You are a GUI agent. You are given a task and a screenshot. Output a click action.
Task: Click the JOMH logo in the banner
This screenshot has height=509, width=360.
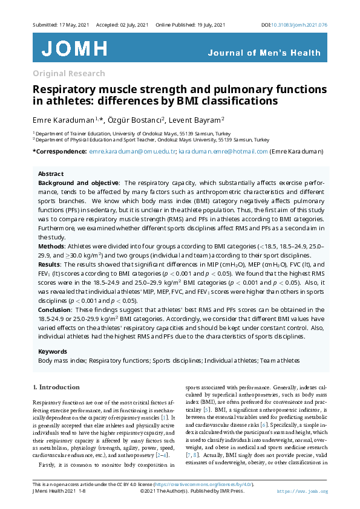point(74,48)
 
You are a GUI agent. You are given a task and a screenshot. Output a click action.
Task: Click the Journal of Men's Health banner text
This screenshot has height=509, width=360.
point(264,53)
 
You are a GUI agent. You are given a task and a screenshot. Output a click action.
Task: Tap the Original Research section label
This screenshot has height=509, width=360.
point(68,74)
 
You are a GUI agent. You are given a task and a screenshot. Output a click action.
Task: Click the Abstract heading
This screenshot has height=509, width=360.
point(51,173)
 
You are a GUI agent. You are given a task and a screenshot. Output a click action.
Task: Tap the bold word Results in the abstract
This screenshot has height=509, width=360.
point(50,264)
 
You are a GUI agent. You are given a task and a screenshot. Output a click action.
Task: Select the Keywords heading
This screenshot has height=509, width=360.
point(53,351)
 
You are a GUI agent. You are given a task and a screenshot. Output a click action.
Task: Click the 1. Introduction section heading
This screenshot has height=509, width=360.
point(56,386)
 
